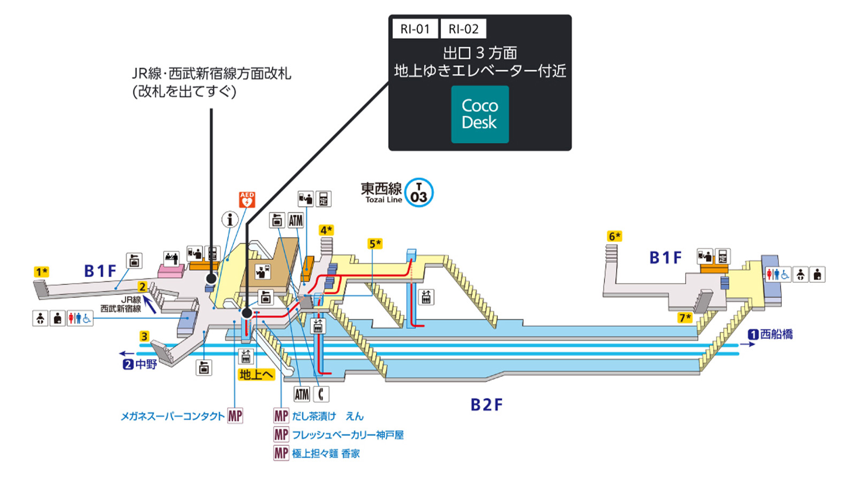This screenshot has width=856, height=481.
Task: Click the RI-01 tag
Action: (415, 29)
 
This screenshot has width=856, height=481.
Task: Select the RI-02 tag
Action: (463, 29)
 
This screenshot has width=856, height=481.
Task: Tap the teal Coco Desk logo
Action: (480, 114)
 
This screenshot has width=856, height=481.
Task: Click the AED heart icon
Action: (247, 200)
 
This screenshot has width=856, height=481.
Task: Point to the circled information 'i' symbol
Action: (230, 220)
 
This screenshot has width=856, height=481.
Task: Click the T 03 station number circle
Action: (419, 193)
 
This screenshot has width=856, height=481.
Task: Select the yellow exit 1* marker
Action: (42, 272)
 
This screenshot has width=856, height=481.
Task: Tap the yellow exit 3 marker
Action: (144, 336)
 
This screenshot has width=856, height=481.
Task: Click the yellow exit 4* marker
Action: (326, 230)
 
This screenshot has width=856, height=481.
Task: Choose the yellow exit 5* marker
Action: (375, 244)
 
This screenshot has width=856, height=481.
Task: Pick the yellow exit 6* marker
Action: (615, 236)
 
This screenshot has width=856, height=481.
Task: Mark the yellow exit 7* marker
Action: (685, 317)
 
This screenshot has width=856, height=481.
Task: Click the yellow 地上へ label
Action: (256, 375)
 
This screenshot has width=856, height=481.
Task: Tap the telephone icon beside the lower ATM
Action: (321, 394)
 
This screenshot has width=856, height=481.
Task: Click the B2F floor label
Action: (486, 405)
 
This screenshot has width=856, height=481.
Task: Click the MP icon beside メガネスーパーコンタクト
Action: (235, 416)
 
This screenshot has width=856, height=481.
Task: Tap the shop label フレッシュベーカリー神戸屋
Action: (348, 435)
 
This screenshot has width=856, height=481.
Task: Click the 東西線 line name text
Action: (381, 189)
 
